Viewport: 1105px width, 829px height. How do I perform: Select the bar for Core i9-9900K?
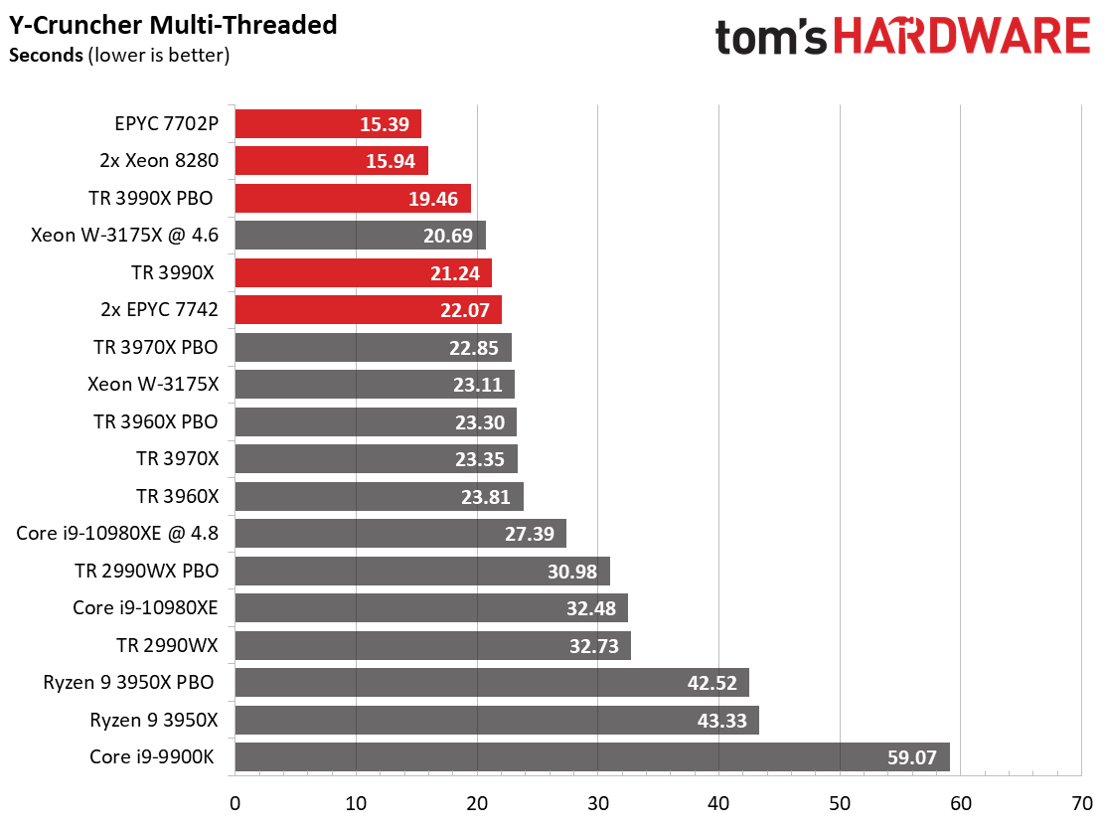(592, 756)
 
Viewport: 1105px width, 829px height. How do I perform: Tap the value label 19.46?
(432, 199)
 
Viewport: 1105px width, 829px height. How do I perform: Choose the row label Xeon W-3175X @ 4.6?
(124, 236)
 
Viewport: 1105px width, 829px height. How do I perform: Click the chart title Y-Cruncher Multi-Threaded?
(173, 24)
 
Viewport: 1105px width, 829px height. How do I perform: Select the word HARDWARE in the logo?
(962, 38)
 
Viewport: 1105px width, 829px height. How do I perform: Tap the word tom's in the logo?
(772, 38)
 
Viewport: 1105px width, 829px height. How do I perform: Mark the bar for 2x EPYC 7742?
(368, 310)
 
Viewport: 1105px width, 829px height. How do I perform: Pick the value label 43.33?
(722, 721)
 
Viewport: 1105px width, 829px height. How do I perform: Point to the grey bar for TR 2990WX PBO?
(422, 572)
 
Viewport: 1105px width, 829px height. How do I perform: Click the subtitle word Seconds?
(46, 56)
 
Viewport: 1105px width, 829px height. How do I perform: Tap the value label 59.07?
(912, 757)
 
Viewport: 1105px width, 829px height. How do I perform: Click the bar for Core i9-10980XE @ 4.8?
(400, 534)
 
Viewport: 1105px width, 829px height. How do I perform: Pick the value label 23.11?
(478, 386)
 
